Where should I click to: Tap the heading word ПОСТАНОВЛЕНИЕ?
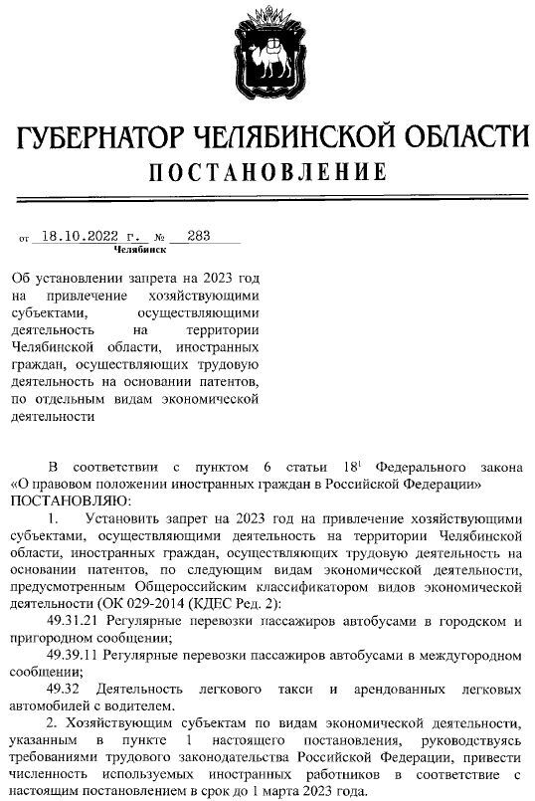click(x=267, y=173)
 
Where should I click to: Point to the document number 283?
click(x=198, y=237)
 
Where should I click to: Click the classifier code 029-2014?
click(x=181, y=603)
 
